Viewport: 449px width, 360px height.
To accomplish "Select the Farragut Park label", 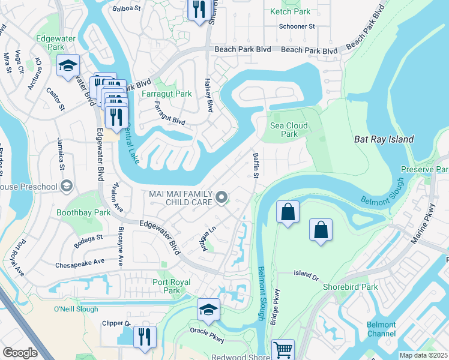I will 166,94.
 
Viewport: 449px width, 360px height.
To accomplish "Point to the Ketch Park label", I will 290,11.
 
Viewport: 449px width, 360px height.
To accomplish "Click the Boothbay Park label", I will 83,212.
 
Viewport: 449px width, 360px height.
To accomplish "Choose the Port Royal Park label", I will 172,286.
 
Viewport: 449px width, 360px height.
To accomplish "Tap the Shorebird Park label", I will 350,287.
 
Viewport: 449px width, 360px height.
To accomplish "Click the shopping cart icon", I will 283,350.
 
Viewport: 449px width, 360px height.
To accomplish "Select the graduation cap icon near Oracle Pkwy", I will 208,309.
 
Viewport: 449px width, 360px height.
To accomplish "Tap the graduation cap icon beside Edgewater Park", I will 68,65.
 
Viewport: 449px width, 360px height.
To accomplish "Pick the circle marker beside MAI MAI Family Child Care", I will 221,197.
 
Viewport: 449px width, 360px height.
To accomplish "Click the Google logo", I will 20,353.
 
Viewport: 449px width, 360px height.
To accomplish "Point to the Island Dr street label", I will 307,275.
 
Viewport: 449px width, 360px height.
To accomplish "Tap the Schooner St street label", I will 297,26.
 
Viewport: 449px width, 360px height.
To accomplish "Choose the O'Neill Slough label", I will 75,309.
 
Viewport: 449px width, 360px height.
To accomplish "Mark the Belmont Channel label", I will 381,329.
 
